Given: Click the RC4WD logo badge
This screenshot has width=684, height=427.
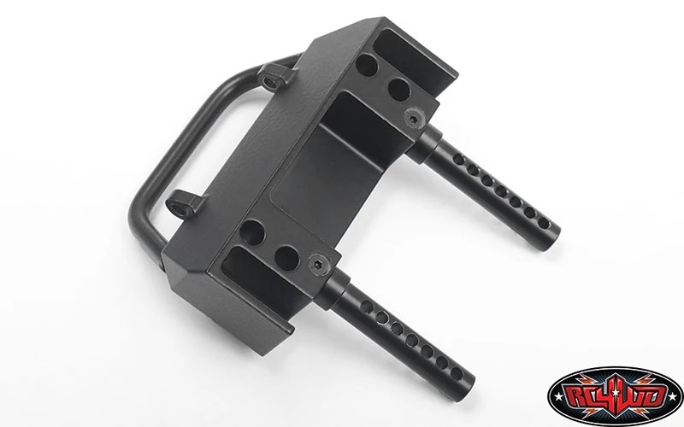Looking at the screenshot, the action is [x=615, y=396].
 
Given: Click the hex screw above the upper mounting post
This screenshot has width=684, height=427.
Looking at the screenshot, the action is [x=413, y=118].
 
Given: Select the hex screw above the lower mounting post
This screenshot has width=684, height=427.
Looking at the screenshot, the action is [x=316, y=265].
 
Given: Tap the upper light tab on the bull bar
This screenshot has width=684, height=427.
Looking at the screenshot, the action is [x=271, y=77].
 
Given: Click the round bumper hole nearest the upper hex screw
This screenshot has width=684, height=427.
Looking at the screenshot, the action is [x=399, y=89].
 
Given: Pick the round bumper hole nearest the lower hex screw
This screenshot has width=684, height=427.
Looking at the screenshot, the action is [x=286, y=259].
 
